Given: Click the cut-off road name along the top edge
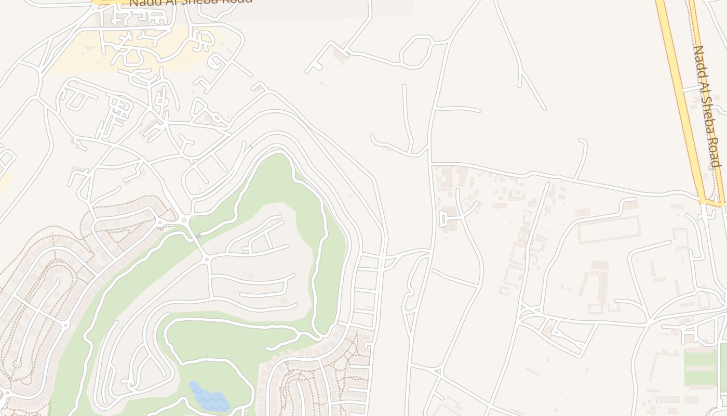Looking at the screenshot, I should tap(191, 2).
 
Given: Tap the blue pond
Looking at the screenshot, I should tap(209, 398).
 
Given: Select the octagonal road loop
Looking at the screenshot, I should tap(416, 51).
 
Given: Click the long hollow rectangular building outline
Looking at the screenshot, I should tap(609, 229).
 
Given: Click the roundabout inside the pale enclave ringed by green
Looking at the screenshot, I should tap(207, 258).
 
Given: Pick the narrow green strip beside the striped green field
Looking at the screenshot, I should tap(723, 364).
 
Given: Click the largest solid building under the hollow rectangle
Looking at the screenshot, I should tap(602, 287).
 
